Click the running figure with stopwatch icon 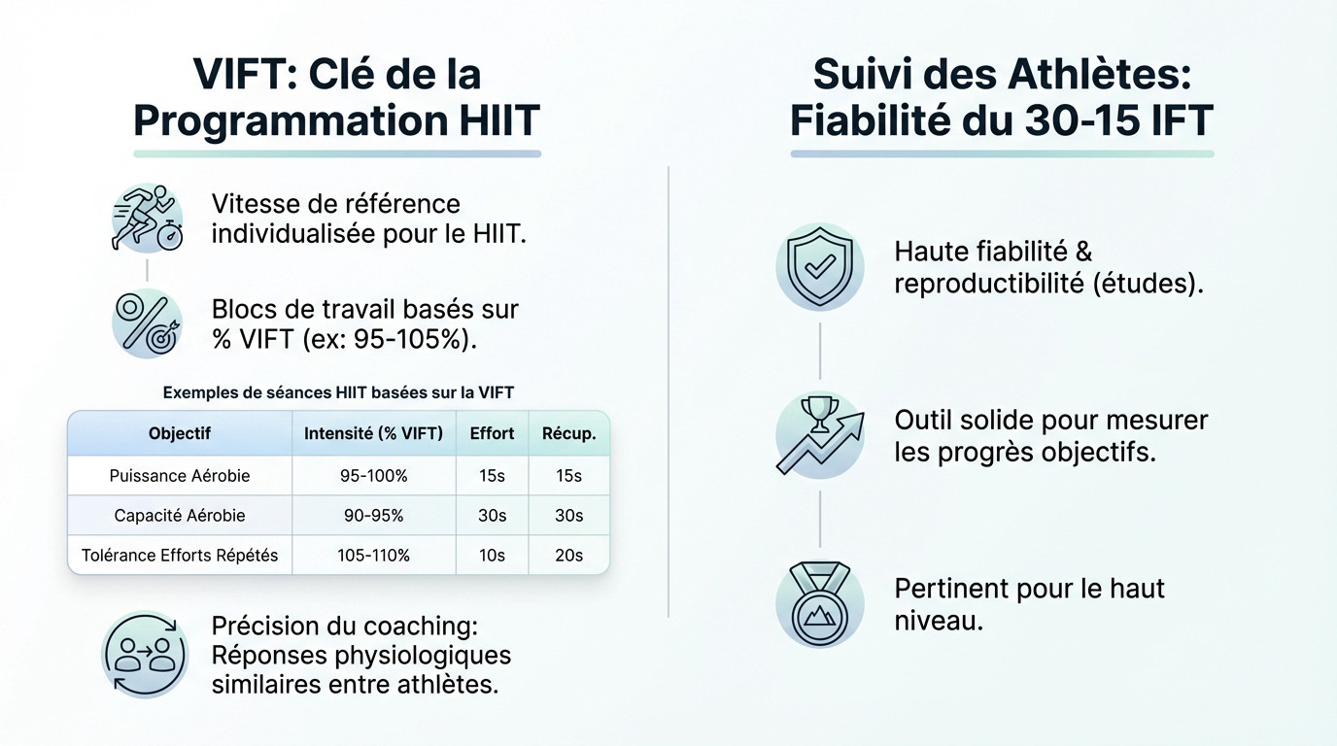(x=147, y=219)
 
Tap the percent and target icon (x=147, y=324)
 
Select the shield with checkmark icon (x=819, y=267)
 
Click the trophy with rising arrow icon (x=819, y=434)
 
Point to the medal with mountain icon (x=819, y=603)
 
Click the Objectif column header (x=180, y=433)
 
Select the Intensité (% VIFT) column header (x=373, y=433)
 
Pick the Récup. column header (x=568, y=433)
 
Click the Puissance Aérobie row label (x=180, y=476)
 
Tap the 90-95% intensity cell (x=373, y=516)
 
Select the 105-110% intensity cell (x=373, y=556)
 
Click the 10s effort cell (x=492, y=556)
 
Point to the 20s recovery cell (x=568, y=556)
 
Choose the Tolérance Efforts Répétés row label (x=180, y=556)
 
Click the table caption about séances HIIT (x=338, y=392)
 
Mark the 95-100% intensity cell (x=373, y=476)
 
